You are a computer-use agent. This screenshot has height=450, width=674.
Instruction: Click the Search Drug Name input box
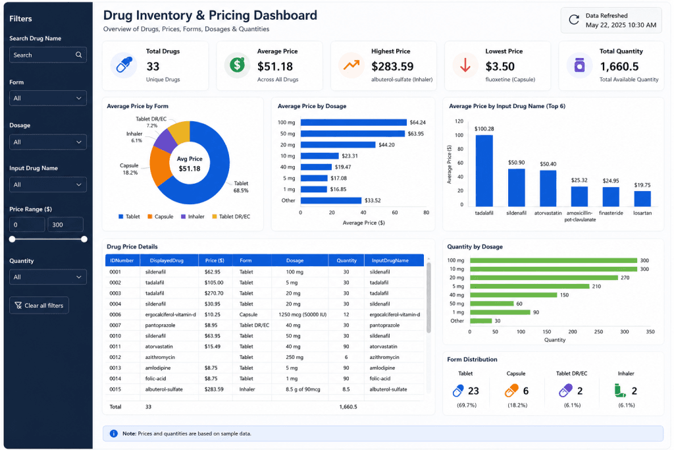(47, 55)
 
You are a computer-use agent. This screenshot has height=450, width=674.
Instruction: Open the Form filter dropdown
(47, 98)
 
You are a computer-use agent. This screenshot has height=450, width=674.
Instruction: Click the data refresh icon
(574, 20)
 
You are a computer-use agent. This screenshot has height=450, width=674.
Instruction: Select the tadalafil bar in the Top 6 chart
(484, 171)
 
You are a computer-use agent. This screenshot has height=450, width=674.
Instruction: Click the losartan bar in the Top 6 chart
(642, 199)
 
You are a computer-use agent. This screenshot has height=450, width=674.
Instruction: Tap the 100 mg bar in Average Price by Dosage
(353, 123)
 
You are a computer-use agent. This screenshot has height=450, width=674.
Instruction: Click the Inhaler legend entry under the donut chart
(193, 216)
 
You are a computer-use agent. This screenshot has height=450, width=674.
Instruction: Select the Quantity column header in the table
(346, 260)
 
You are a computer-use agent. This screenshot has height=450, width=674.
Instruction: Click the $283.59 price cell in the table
(214, 389)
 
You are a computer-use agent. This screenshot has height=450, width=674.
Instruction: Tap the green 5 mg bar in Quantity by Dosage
(530, 286)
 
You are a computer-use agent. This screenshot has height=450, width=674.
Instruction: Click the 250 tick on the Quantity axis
(598, 331)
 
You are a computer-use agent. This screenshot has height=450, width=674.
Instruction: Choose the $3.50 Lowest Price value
(500, 67)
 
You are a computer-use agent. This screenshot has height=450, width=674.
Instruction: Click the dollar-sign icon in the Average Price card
(237, 65)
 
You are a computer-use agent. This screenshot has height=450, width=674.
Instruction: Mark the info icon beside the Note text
(113, 434)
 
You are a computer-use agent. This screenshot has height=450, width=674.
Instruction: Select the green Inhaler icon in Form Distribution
(619, 391)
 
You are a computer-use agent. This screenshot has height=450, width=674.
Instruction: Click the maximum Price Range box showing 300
(65, 225)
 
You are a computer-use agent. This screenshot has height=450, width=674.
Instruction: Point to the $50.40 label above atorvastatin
(548, 164)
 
